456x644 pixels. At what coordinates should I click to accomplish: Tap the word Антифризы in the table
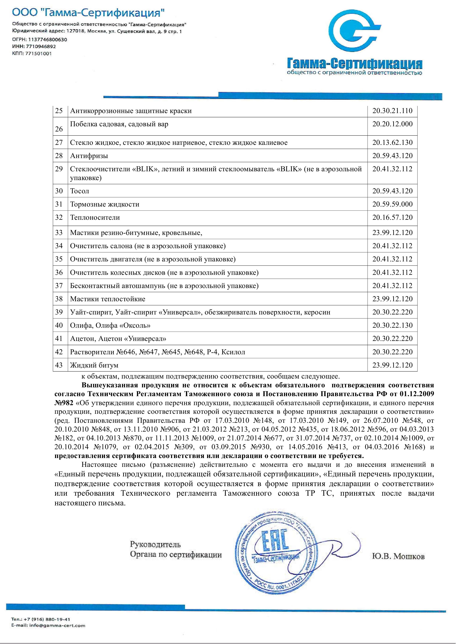pos(89,156)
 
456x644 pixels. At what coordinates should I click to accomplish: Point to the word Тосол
pos(79,191)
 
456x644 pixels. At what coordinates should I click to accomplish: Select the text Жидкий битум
pos(94,365)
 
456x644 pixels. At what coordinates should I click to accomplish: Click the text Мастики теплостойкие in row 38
pos(108,299)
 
